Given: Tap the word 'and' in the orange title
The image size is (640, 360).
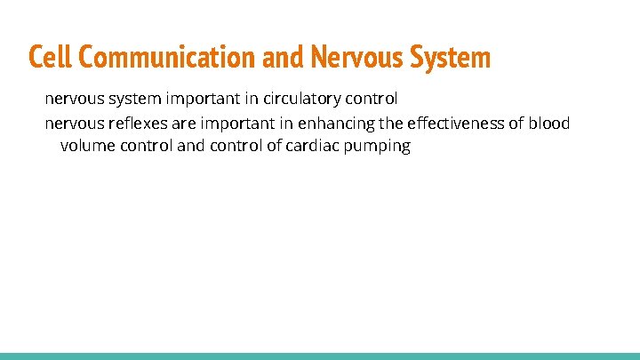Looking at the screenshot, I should pos(284,58).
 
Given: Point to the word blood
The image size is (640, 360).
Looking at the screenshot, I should pos(548,123).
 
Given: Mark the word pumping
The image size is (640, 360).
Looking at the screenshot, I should pos(381,146).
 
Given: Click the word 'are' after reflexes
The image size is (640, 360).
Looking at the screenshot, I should pos(179,123).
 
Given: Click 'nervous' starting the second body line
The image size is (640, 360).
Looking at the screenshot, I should pos(73,123).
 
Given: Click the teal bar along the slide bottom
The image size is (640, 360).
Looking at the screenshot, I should pos(320,356).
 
